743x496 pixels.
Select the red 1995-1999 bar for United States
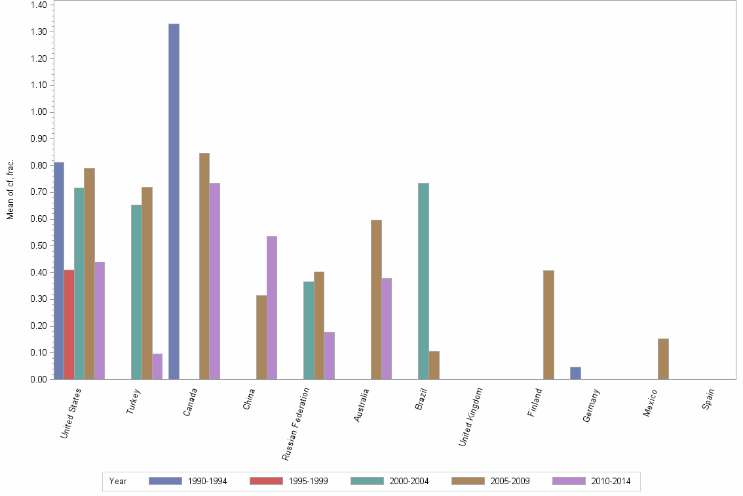[x=69, y=324]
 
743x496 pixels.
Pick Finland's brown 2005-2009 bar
[x=548, y=325]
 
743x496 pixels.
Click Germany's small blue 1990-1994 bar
[x=575, y=373]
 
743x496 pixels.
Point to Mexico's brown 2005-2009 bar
[x=663, y=359]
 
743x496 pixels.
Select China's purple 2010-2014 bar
[x=271, y=308]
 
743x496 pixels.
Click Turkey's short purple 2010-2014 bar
[x=157, y=366]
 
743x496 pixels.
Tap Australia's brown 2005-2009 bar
[x=376, y=299]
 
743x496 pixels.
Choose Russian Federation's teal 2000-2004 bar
[x=309, y=330]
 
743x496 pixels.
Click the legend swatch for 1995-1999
[x=266, y=481]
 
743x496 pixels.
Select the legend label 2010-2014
[x=610, y=481]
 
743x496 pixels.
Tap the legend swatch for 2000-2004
[x=367, y=481]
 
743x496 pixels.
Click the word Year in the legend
[x=118, y=481]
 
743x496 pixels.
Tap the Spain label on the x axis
[x=708, y=400]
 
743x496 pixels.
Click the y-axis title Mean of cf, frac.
[x=10, y=189]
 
